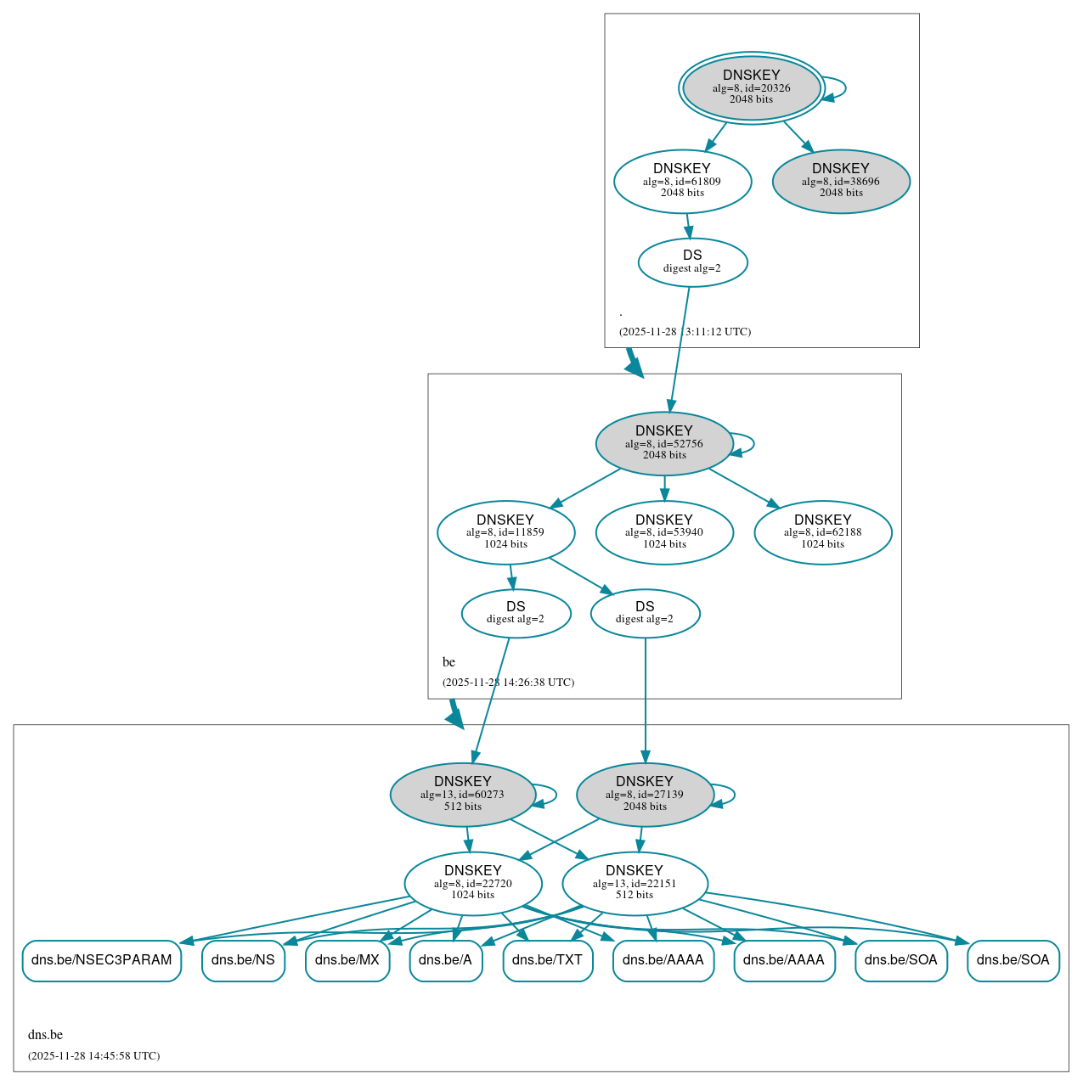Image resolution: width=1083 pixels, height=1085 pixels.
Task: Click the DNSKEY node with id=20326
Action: [751, 87]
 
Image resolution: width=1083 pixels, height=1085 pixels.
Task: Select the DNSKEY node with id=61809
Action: [682, 181]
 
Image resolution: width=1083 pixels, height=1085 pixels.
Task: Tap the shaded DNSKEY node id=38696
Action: [841, 181]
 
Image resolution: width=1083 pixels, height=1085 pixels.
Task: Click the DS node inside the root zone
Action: [692, 262]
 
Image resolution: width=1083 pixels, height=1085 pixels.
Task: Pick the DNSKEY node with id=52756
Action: [664, 443]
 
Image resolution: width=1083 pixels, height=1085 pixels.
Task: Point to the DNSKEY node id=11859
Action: [505, 532]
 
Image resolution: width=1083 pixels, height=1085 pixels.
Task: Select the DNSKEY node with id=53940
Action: [664, 532]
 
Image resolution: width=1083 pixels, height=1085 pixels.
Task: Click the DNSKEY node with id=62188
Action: [822, 532]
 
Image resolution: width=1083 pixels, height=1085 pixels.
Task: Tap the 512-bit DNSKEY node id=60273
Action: [463, 794]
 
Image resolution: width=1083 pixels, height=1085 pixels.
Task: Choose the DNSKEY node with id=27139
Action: [645, 794]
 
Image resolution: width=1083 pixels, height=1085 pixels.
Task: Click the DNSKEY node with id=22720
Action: [473, 883]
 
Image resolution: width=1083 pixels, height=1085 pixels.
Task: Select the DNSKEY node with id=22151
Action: [635, 883]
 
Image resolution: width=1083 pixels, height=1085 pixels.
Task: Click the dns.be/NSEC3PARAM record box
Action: [102, 960]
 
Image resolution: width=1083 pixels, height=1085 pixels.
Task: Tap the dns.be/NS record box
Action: [243, 960]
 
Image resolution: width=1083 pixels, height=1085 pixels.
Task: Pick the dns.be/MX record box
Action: [347, 960]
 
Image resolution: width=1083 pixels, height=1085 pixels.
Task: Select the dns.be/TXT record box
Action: [548, 960]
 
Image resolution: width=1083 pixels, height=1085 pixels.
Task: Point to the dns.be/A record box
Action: [446, 960]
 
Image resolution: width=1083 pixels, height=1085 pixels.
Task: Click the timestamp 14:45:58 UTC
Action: [93, 1056]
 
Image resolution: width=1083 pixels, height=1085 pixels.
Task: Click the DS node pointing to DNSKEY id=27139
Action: [645, 613]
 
